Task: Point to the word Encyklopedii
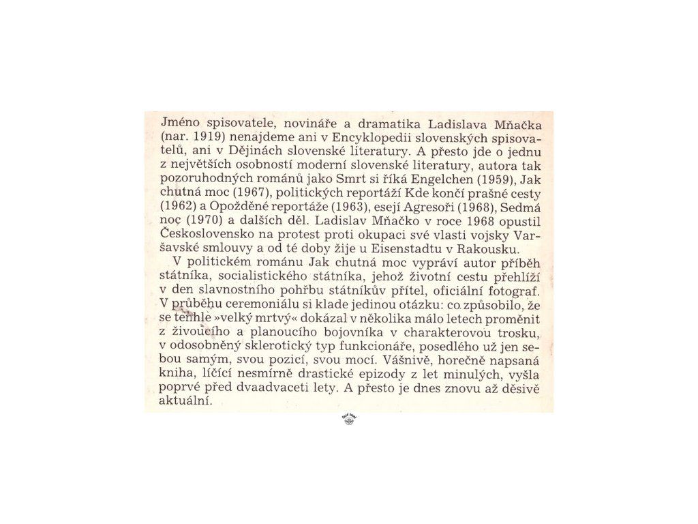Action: (370, 136)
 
